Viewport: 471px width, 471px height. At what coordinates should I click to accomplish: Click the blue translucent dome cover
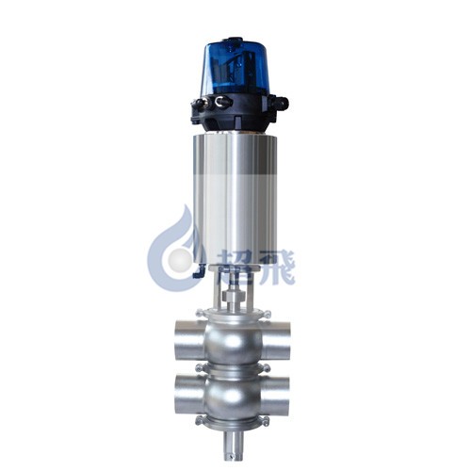coord(235,69)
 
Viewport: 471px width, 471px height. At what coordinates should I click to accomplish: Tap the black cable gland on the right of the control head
coord(281,104)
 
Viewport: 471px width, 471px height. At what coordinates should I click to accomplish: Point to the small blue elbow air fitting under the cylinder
coord(198,271)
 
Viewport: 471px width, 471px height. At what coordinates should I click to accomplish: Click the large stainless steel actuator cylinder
coord(235,199)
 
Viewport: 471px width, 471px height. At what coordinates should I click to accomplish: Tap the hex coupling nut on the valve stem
coord(234,296)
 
